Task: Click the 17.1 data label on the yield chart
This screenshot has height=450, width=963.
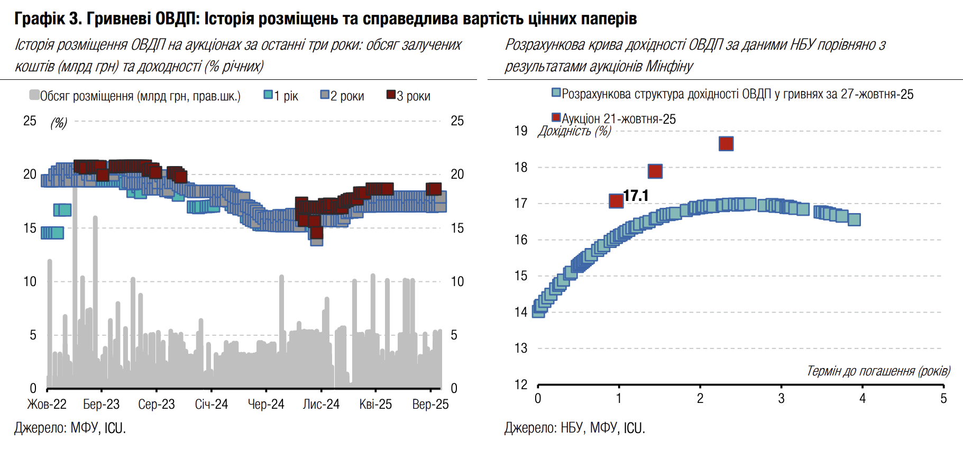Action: tap(636, 196)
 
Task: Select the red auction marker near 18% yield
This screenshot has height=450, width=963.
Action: tap(655, 171)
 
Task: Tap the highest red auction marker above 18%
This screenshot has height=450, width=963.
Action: tap(726, 144)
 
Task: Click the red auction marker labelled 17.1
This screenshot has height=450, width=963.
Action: tap(616, 201)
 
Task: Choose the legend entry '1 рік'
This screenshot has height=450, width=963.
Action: tap(281, 96)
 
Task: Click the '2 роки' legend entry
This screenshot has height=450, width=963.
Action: tap(342, 96)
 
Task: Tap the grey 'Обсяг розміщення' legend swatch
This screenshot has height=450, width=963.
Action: tap(34, 95)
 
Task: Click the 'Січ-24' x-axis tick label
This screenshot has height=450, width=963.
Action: tap(212, 405)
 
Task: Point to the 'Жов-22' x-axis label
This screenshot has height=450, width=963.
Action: tap(47, 405)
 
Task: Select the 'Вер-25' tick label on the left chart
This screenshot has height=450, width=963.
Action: tap(430, 405)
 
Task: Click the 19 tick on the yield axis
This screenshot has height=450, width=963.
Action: tap(521, 131)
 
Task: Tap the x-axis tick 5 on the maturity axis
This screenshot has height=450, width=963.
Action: tap(943, 399)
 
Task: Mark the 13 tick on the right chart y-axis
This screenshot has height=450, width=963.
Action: tap(521, 348)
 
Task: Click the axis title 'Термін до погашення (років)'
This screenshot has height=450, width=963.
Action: tap(878, 371)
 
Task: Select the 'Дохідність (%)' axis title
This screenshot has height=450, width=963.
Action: tap(575, 131)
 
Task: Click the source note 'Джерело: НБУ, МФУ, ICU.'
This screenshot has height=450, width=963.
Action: tap(575, 428)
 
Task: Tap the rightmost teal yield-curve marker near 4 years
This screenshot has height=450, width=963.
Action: tap(854, 219)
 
